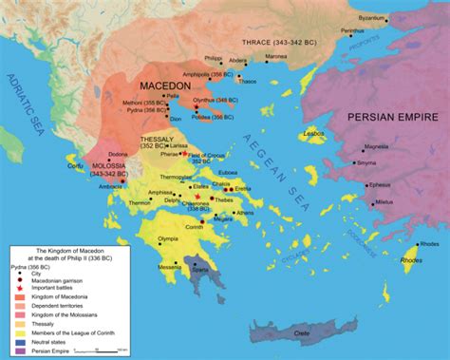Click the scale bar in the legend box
pyautogui.click(x=104, y=351)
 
